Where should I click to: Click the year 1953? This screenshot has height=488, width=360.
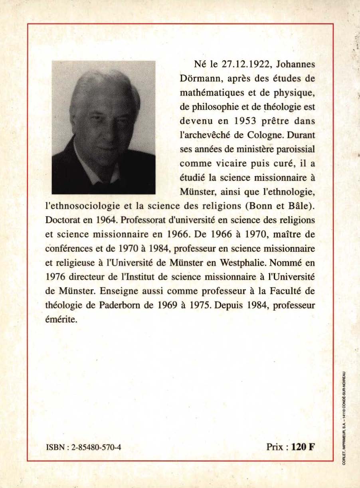click(x=244, y=121)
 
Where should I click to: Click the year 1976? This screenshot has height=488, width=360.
click(x=56, y=277)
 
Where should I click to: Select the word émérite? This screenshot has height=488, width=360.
click(x=60, y=320)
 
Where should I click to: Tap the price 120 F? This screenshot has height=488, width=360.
click(x=303, y=447)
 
